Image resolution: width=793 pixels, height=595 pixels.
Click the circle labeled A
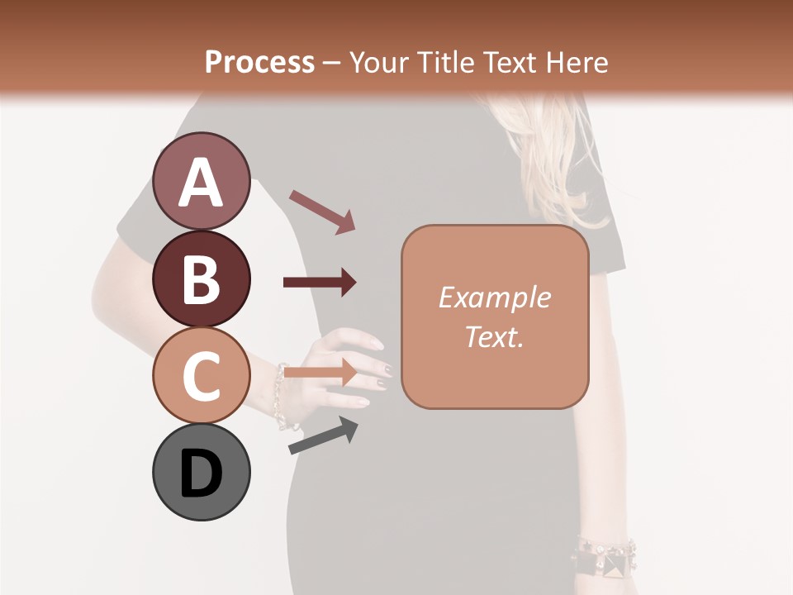(202, 182)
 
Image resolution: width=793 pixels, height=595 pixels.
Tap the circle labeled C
(202, 375)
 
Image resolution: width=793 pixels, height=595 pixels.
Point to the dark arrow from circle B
(320, 283)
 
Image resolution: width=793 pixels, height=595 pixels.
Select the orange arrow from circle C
(320, 373)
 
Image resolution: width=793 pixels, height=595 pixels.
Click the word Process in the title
(259, 62)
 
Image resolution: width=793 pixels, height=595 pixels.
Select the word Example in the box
(494, 297)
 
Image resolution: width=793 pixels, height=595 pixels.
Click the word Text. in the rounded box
(494, 336)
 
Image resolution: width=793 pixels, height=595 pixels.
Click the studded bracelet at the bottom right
(607, 556)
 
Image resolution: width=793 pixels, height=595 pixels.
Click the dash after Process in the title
(332, 63)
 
